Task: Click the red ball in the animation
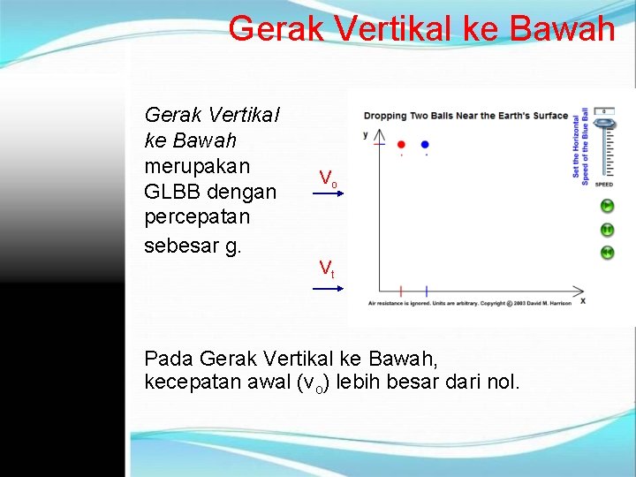click(401, 144)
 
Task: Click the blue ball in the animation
click(426, 144)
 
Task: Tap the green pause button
click(608, 230)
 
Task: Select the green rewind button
click(608, 253)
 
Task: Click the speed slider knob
click(604, 125)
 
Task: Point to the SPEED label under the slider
click(604, 185)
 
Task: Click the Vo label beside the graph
click(328, 178)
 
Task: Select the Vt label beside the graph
click(327, 267)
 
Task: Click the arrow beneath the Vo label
click(327, 193)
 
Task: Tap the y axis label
click(367, 135)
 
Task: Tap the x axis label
click(582, 302)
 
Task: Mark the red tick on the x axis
click(401, 290)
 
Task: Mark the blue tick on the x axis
click(426, 290)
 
